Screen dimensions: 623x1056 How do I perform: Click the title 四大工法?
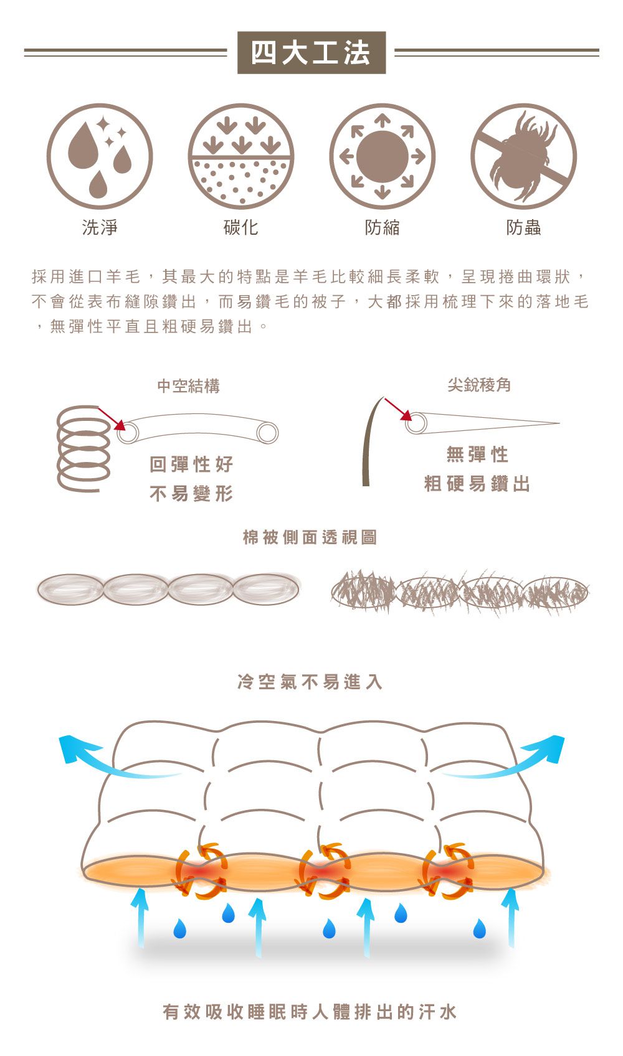click(311, 52)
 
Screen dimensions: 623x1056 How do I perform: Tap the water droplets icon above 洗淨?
click(100, 156)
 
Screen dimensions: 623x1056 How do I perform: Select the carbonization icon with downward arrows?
click(241, 156)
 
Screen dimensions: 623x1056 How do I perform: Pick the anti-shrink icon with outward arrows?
click(382, 156)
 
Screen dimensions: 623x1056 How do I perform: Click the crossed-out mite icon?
click(523, 156)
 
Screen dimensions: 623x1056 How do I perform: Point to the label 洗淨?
click(100, 227)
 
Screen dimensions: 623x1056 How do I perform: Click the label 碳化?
click(241, 227)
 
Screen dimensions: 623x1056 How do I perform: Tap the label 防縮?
click(382, 227)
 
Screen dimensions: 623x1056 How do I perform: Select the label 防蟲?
click(523, 227)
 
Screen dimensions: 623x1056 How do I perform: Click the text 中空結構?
click(189, 386)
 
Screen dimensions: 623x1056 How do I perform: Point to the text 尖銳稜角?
click(479, 385)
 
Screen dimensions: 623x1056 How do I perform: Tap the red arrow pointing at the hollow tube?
click(112, 420)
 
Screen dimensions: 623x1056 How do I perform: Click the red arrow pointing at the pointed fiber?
click(399, 409)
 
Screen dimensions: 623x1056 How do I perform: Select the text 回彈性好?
click(191, 464)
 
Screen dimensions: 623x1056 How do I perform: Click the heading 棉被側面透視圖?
click(310, 537)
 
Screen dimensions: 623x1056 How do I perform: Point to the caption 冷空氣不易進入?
click(310, 682)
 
